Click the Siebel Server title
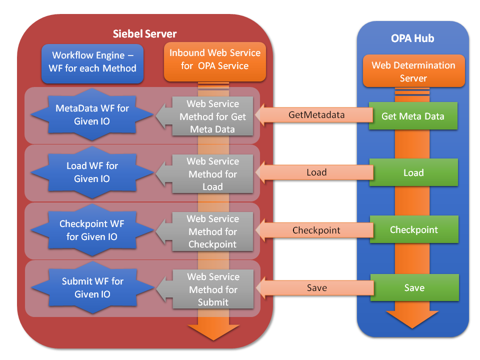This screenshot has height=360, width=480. tap(144, 34)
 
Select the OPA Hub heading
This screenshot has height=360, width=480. tap(412, 38)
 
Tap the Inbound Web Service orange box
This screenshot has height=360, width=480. tap(214, 59)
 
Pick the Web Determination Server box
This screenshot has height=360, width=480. tap(413, 72)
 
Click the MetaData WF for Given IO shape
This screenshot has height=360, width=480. tap(92, 114)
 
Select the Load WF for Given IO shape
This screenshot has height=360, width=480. tap(92, 172)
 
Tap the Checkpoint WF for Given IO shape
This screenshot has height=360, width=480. tap(92, 230)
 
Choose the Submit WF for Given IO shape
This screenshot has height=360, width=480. tap(92, 288)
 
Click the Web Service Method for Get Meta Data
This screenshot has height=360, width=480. tap(213, 116)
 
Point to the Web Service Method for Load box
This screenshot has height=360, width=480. tap(213, 174)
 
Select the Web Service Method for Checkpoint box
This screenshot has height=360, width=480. tap(213, 231)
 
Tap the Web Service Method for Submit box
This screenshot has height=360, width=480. tap(213, 289)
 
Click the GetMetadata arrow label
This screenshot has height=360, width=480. tap(316, 115)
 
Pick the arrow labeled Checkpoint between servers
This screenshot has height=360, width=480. tap(316, 230)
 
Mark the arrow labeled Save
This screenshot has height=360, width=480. tap(316, 288)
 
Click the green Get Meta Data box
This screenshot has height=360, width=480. tap(413, 116)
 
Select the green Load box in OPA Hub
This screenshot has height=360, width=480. tap(413, 172)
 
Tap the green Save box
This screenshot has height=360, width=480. tap(414, 288)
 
